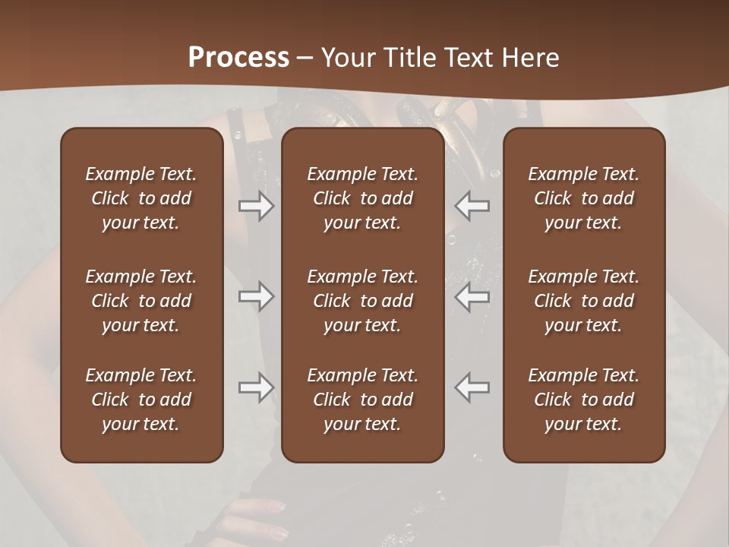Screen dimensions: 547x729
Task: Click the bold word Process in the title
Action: coord(238,57)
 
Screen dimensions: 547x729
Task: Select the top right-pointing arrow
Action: coord(257,206)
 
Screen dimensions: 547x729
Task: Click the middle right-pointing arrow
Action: coord(257,297)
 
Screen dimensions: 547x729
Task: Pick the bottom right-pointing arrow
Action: coord(257,387)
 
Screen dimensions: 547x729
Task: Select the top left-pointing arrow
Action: coord(472,206)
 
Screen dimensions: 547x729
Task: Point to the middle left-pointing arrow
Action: coord(472,297)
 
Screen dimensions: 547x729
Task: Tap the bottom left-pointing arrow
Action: coord(472,387)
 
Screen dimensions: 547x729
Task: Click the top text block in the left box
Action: coord(141,198)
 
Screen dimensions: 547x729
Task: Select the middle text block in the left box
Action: coord(141,301)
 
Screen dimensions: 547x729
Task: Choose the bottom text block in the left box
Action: coord(141,400)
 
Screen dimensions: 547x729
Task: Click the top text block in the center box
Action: coord(362,198)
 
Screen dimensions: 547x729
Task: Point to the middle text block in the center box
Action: coord(362,301)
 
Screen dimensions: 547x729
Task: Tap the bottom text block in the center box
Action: coord(362,400)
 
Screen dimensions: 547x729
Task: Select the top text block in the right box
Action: coord(583,198)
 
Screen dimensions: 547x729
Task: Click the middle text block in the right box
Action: coord(583,301)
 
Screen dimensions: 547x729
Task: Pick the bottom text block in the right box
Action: coord(583,400)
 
